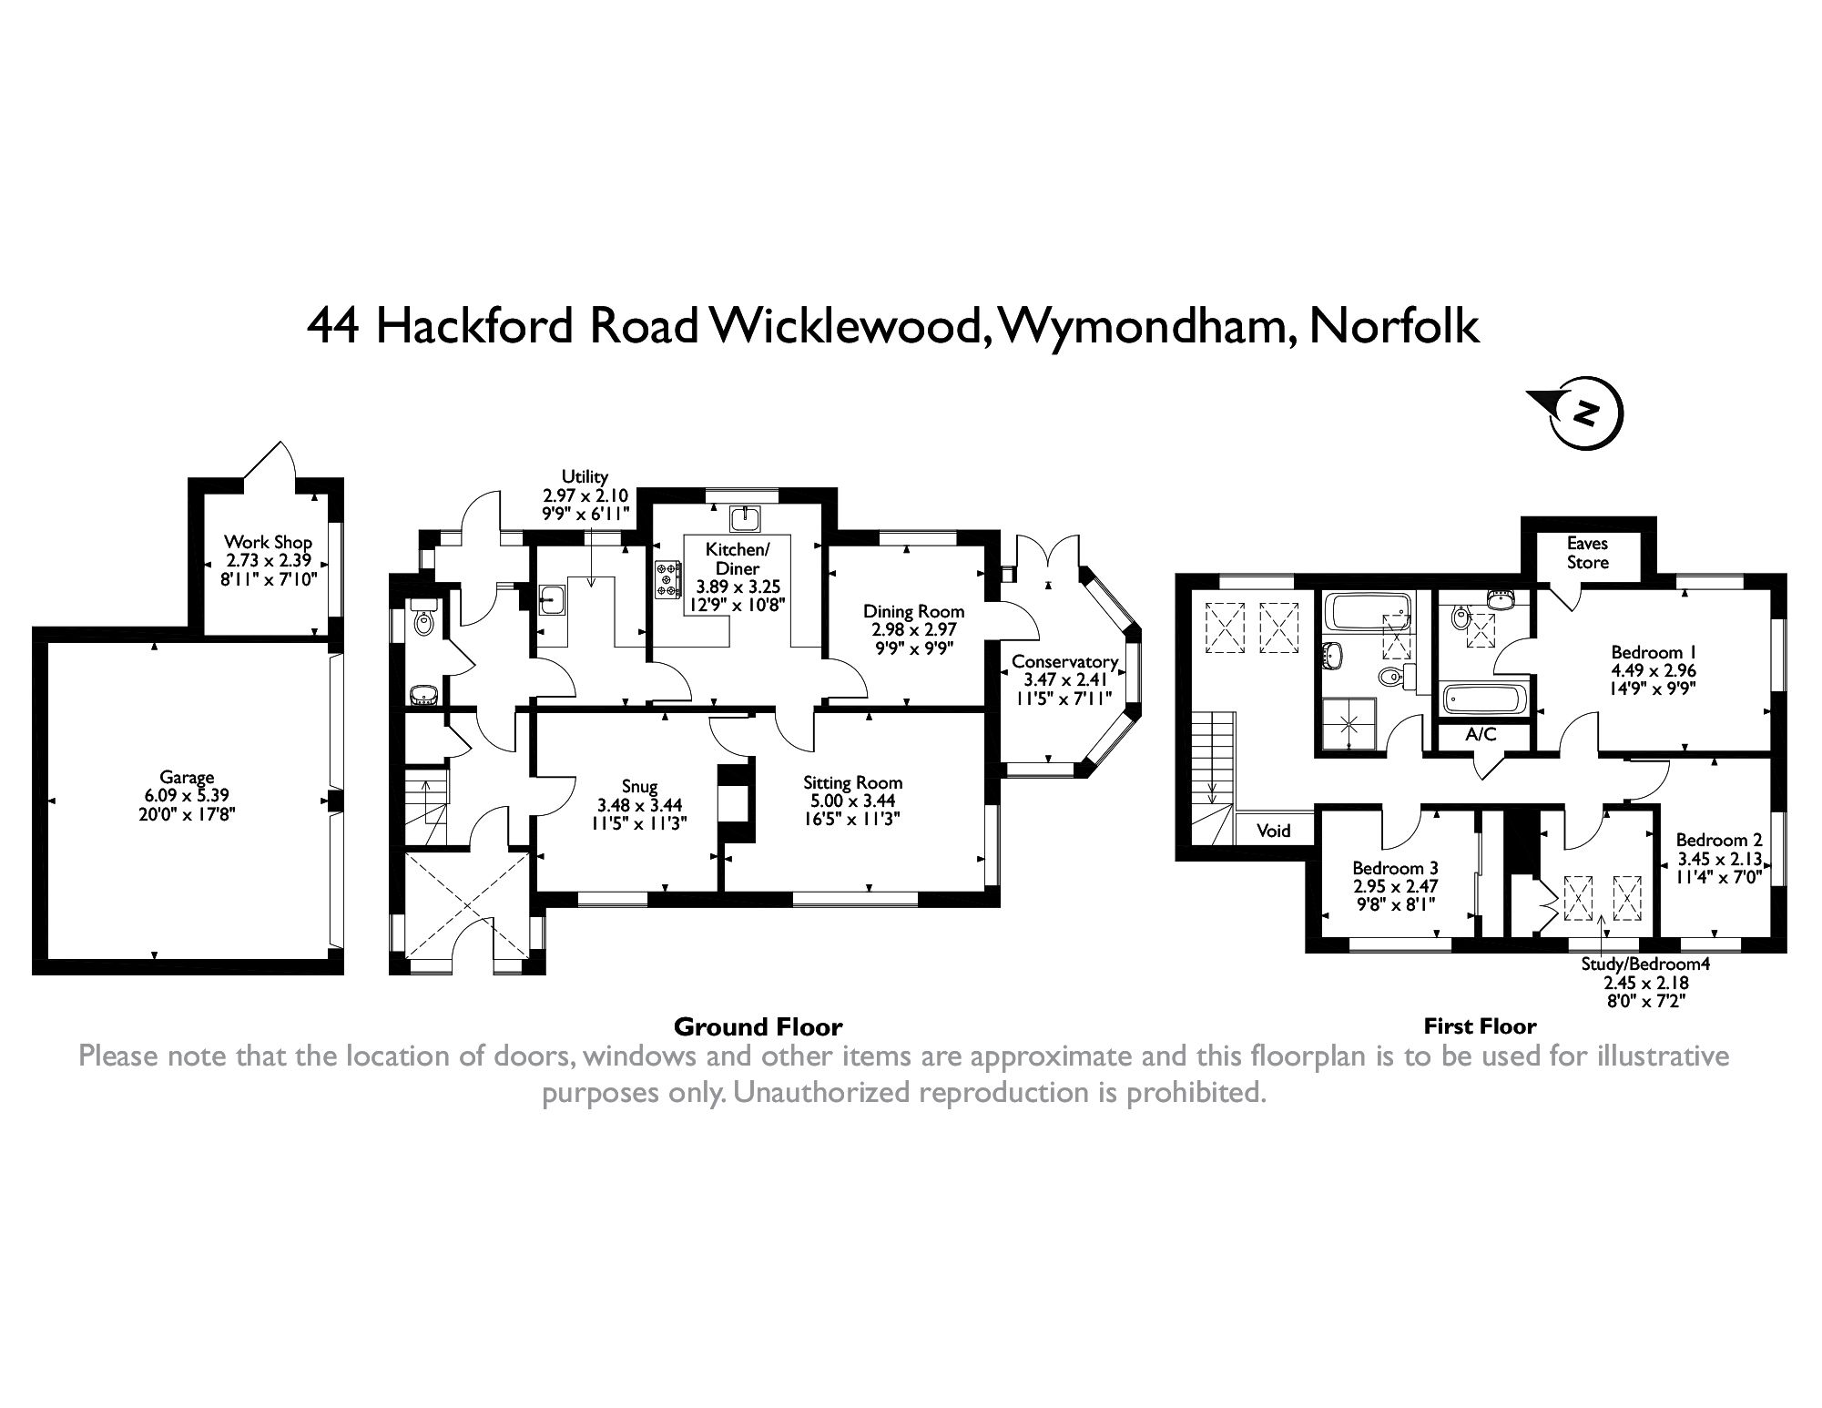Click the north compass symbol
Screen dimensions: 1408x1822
1586,415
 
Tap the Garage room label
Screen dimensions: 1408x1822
187,777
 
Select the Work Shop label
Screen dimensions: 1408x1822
269,543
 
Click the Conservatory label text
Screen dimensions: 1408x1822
1064,662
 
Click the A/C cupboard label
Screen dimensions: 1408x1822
1481,735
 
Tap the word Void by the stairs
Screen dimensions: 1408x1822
1274,831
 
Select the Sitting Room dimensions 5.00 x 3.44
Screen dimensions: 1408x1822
852,801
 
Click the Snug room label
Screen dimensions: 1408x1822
639,787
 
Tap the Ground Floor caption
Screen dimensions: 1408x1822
758,1027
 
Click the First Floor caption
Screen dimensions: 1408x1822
1480,1026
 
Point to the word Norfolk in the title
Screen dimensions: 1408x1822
1393,326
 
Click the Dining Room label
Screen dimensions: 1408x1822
913,611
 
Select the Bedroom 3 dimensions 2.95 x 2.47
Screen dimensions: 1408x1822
1394,886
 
